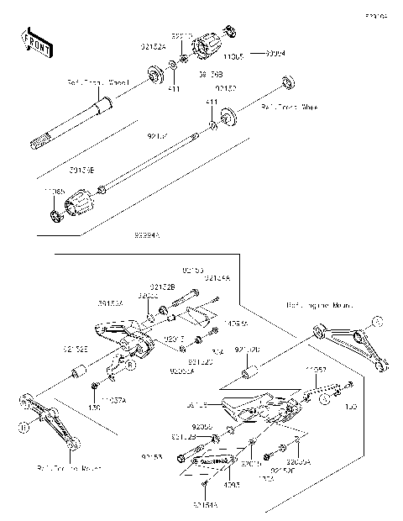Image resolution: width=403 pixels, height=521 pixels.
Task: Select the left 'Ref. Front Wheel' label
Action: (96, 83)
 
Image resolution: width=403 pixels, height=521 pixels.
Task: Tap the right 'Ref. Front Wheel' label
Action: (290, 108)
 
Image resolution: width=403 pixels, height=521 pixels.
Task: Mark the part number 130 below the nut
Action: (95, 407)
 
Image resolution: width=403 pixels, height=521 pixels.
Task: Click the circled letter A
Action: (377, 320)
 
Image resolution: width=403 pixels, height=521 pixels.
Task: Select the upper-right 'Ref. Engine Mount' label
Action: (319, 305)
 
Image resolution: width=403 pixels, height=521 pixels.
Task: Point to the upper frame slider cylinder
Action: (209, 48)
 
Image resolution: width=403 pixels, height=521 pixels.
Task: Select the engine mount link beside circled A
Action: (353, 350)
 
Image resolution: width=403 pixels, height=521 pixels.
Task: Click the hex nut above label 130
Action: (95, 387)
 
